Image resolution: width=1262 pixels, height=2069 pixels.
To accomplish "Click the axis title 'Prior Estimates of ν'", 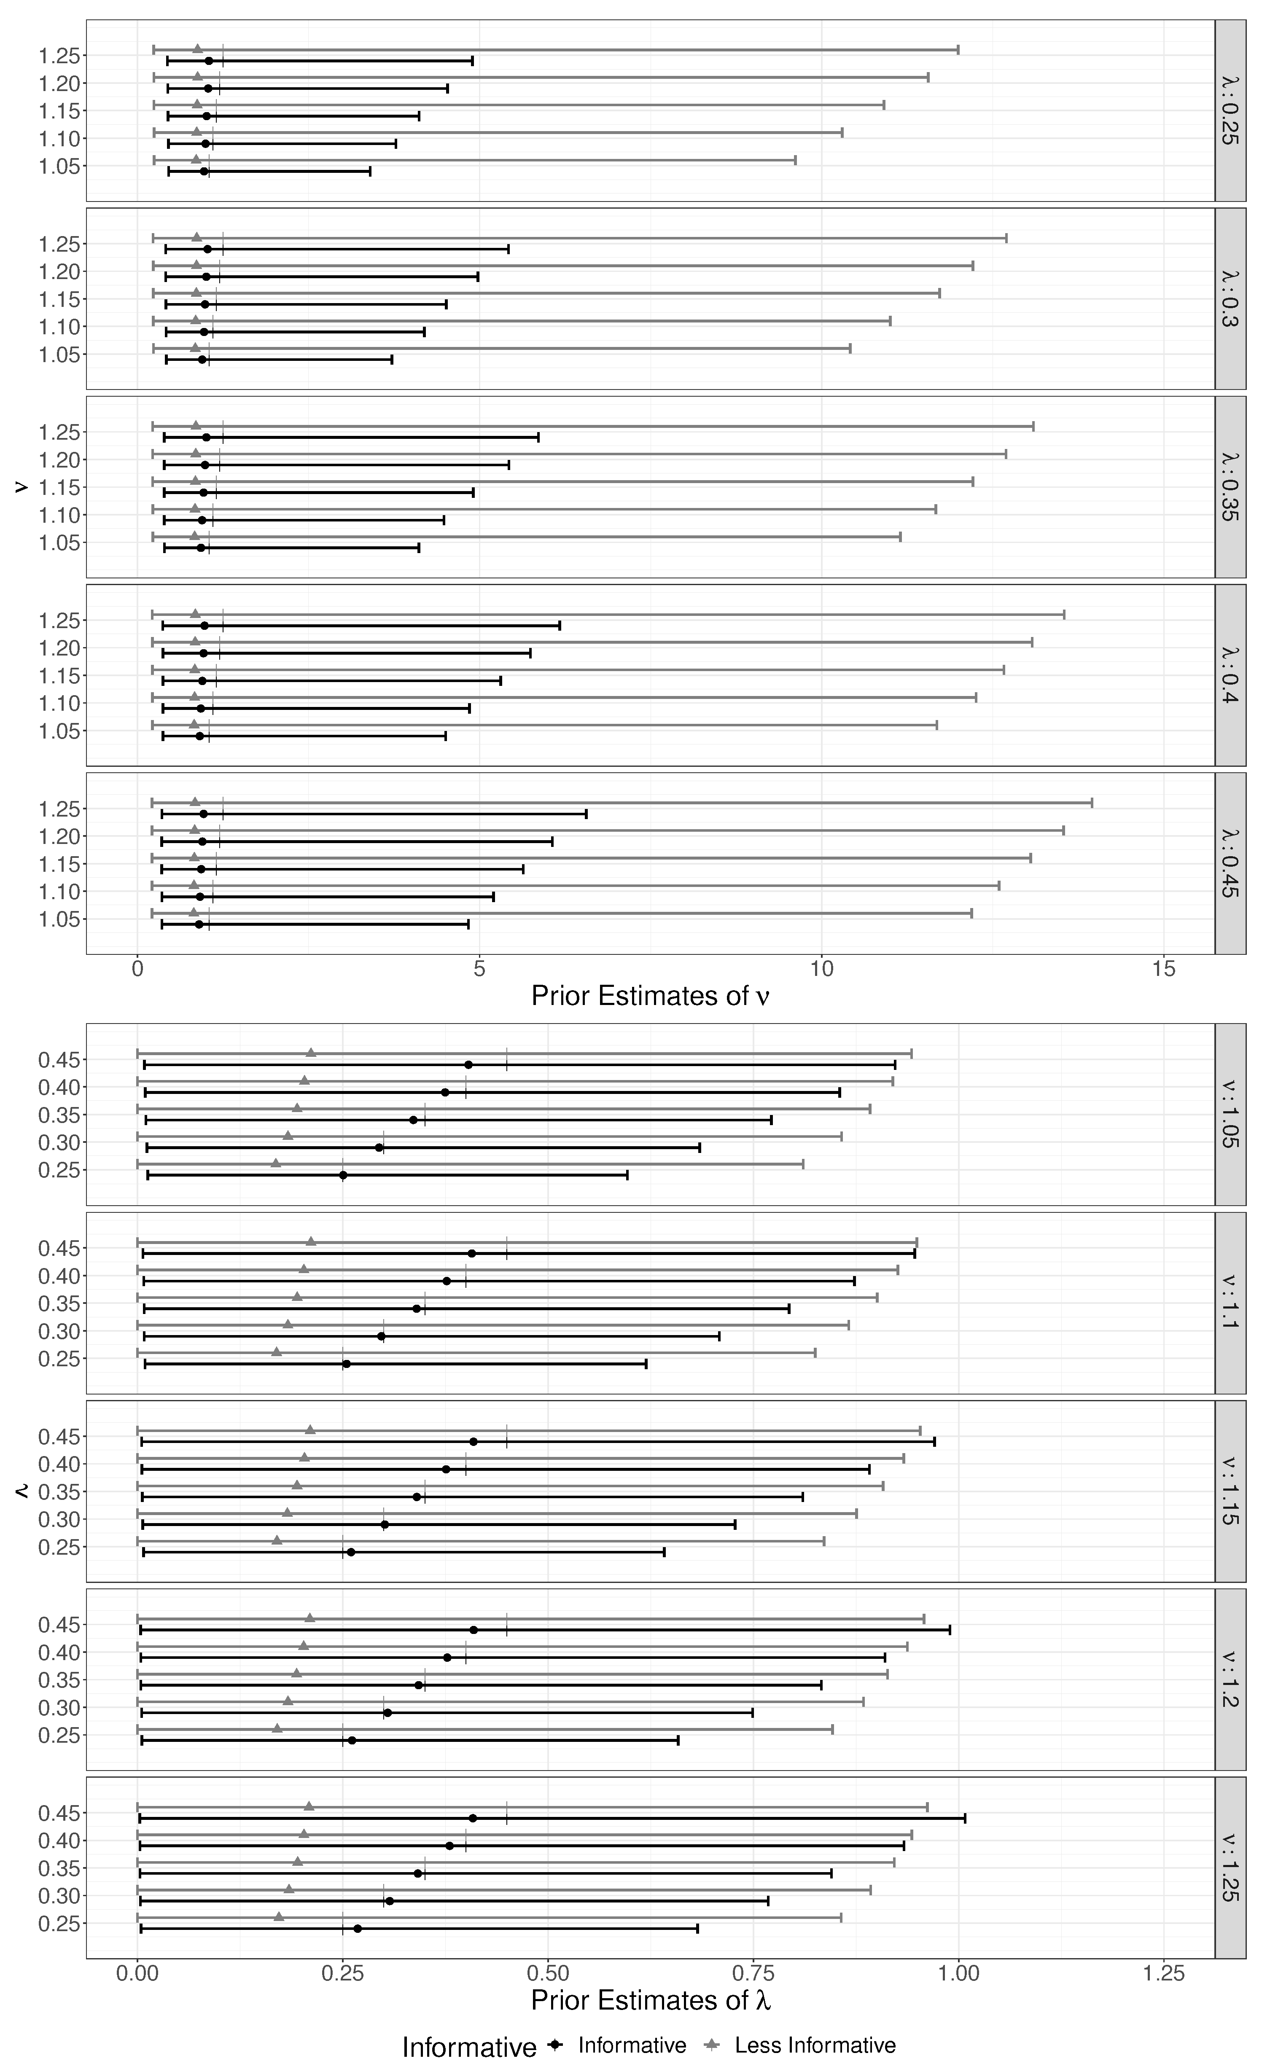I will click(651, 996).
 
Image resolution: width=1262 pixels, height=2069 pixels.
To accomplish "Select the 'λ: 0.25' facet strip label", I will click(1230, 110).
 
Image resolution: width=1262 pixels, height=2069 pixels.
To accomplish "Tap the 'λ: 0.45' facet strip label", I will click(1230, 863).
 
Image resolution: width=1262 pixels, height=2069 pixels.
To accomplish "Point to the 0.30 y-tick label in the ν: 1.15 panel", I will click(60, 1519).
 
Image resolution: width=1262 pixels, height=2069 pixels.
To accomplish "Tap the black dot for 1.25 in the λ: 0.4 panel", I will click(204, 626).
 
